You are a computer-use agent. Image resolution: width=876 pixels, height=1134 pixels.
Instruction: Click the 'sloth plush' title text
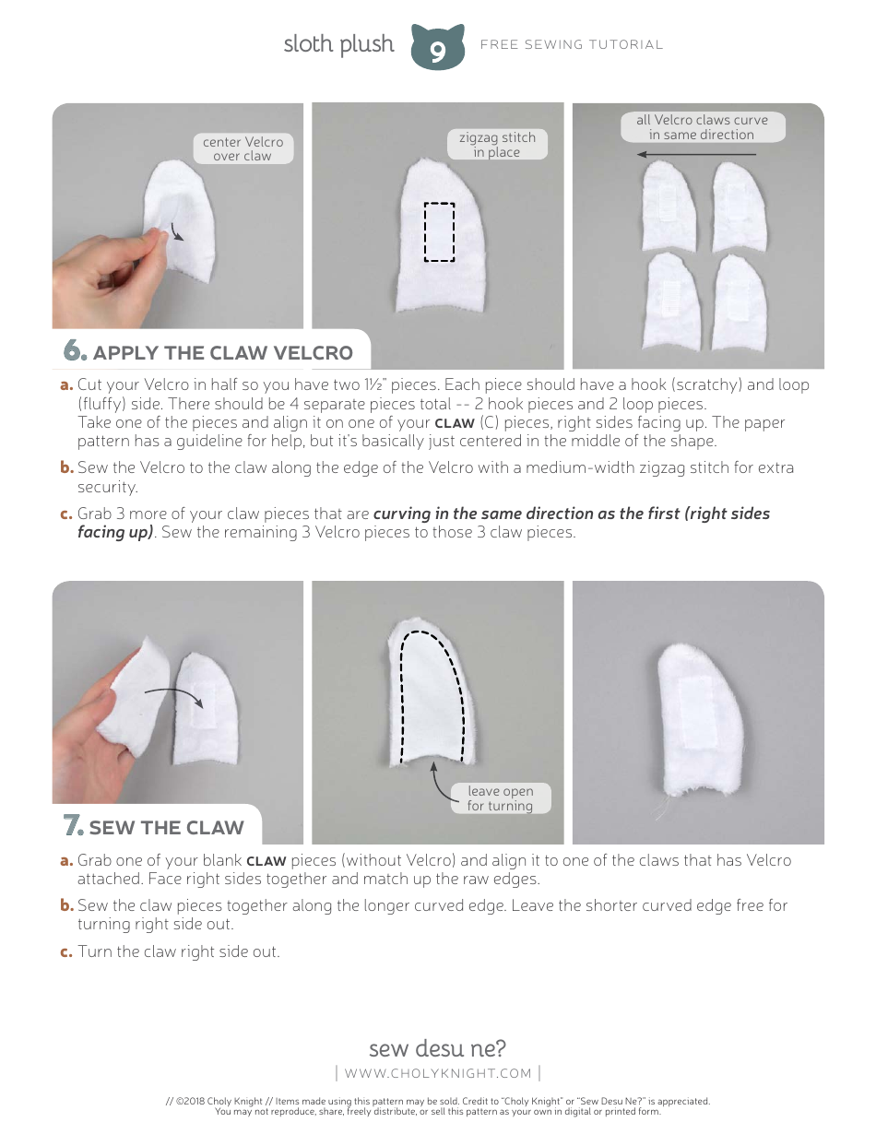click(338, 44)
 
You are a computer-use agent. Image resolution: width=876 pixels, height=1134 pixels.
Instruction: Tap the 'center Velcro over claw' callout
click(243, 148)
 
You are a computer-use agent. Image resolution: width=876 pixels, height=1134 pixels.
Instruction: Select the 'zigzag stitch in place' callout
click(497, 145)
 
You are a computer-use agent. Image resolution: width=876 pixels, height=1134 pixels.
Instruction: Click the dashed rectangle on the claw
click(439, 232)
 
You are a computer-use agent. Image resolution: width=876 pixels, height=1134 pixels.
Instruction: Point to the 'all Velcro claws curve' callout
click(701, 127)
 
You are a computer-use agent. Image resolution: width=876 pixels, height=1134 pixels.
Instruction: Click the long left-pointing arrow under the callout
click(697, 155)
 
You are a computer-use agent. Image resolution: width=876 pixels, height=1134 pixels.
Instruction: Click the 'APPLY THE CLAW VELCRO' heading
click(222, 352)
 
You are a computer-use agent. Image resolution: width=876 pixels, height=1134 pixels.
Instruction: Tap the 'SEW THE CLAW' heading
click(166, 827)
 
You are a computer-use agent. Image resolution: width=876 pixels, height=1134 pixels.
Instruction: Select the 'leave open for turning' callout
click(500, 798)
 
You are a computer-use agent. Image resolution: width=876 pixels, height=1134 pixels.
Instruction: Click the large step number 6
click(75, 351)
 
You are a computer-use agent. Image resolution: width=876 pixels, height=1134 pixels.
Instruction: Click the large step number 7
click(74, 826)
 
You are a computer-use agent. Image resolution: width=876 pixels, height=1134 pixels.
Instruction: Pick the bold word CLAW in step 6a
click(455, 423)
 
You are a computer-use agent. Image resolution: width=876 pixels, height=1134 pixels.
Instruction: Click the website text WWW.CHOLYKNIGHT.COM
click(438, 1073)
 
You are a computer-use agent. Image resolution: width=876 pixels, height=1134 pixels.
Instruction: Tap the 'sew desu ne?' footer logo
click(437, 1048)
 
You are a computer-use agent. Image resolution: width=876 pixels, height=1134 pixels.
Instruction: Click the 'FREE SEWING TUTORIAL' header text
click(572, 44)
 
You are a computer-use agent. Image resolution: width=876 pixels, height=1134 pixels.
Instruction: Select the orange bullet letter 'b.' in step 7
click(66, 905)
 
